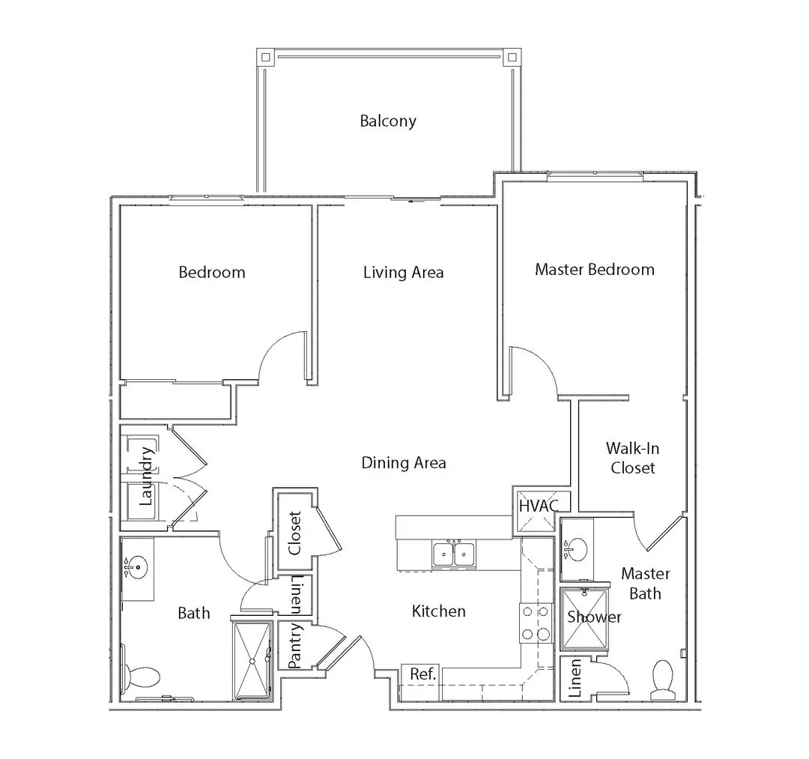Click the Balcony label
pos(388,121)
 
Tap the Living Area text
pos(404,273)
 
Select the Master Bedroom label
pos(594,269)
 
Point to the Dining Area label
pos(404,463)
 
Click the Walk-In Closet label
pos(632,458)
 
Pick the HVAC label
pos(539,506)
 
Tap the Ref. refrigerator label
pos(423,674)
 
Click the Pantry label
pos(294,645)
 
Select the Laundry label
pos(146,476)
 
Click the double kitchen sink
pos(455,554)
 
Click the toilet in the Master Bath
pos(663,679)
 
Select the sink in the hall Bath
pos(137,568)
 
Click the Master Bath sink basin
pos(576,549)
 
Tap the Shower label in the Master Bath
pos(594,617)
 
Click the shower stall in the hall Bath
pos(252,661)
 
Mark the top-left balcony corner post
pos(264,56)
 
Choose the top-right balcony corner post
pos(512,56)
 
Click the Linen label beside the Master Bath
pos(575,678)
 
